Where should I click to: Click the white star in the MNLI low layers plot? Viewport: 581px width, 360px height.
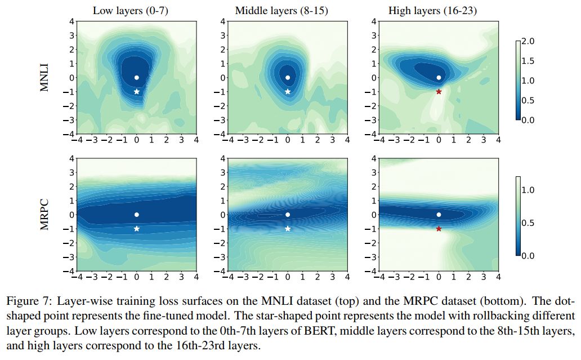pyautogui.click(x=137, y=91)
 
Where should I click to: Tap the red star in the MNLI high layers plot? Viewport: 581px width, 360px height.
pyautogui.click(x=439, y=91)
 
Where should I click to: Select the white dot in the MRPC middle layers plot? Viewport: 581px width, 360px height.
pyautogui.click(x=288, y=215)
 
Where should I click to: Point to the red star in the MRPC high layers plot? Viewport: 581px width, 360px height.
pyautogui.click(x=439, y=229)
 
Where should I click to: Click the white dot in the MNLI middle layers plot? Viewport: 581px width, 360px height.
pyautogui.click(x=288, y=78)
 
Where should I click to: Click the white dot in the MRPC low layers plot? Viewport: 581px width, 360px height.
pyautogui.click(x=137, y=215)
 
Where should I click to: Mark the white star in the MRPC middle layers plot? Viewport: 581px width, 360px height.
pyautogui.click(x=288, y=229)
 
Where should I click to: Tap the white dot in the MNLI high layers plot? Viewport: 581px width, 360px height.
pyautogui.click(x=439, y=78)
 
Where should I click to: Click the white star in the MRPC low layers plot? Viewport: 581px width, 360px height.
pyautogui.click(x=137, y=229)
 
